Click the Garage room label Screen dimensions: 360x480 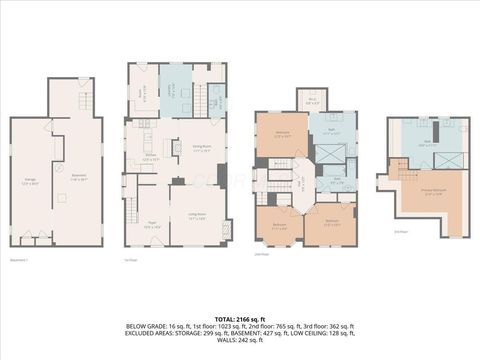31,182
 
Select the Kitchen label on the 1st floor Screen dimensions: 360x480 150,156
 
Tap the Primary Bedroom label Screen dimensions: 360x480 433,192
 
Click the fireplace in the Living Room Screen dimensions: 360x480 226,229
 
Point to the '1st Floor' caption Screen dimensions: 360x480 130,260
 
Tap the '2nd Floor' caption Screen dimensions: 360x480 261,255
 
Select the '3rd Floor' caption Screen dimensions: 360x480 400,232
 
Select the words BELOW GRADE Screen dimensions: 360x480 147,326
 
